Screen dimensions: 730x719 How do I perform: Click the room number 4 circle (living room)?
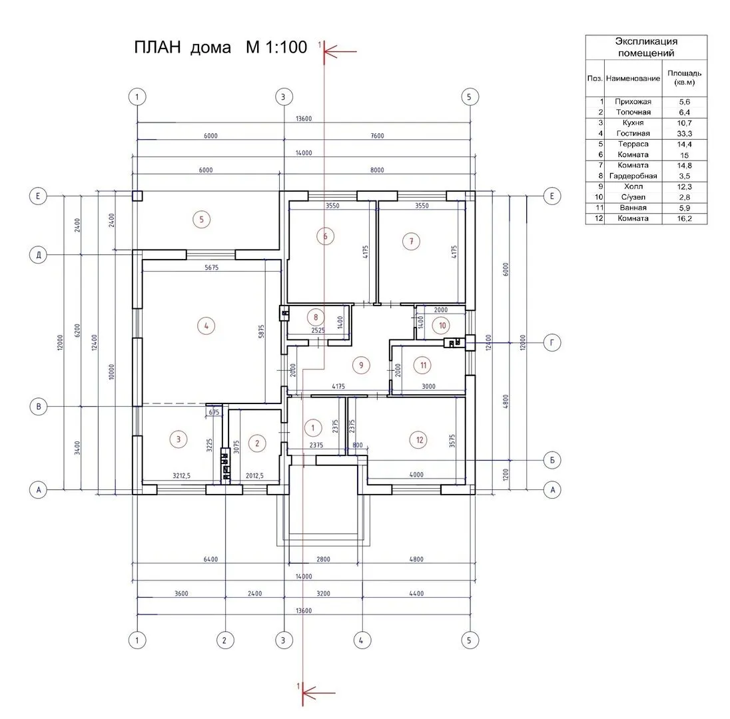tap(206, 326)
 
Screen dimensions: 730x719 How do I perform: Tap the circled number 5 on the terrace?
tap(202, 219)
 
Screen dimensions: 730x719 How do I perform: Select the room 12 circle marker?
tap(420, 440)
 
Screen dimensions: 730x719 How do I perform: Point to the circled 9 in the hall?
tap(361, 365)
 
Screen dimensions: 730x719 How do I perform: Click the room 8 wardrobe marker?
tap(316, 318)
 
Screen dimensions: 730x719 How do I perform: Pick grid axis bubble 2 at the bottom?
tap(225, 640)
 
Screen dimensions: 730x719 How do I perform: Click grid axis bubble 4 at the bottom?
tap(361, 640)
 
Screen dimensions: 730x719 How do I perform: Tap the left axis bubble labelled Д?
tap(38, 255)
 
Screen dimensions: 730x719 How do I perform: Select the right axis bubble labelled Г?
tap(552, 343)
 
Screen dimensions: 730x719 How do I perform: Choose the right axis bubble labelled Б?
tap(552, 460)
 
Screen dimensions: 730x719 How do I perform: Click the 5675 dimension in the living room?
tap(211, 268)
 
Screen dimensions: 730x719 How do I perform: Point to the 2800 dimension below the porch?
tap(323, 559)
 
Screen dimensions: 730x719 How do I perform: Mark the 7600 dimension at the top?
tap(377, 136)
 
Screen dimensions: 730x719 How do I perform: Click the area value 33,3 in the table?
tap(685, 134)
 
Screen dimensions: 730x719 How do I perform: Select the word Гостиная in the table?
tap(633, 134)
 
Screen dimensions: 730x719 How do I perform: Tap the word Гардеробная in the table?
tap(633, 176)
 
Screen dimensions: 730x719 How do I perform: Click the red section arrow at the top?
tap(340, 51)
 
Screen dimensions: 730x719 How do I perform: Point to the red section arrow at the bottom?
tap(319, 693)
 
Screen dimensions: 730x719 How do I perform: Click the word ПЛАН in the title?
tap(157, 47)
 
